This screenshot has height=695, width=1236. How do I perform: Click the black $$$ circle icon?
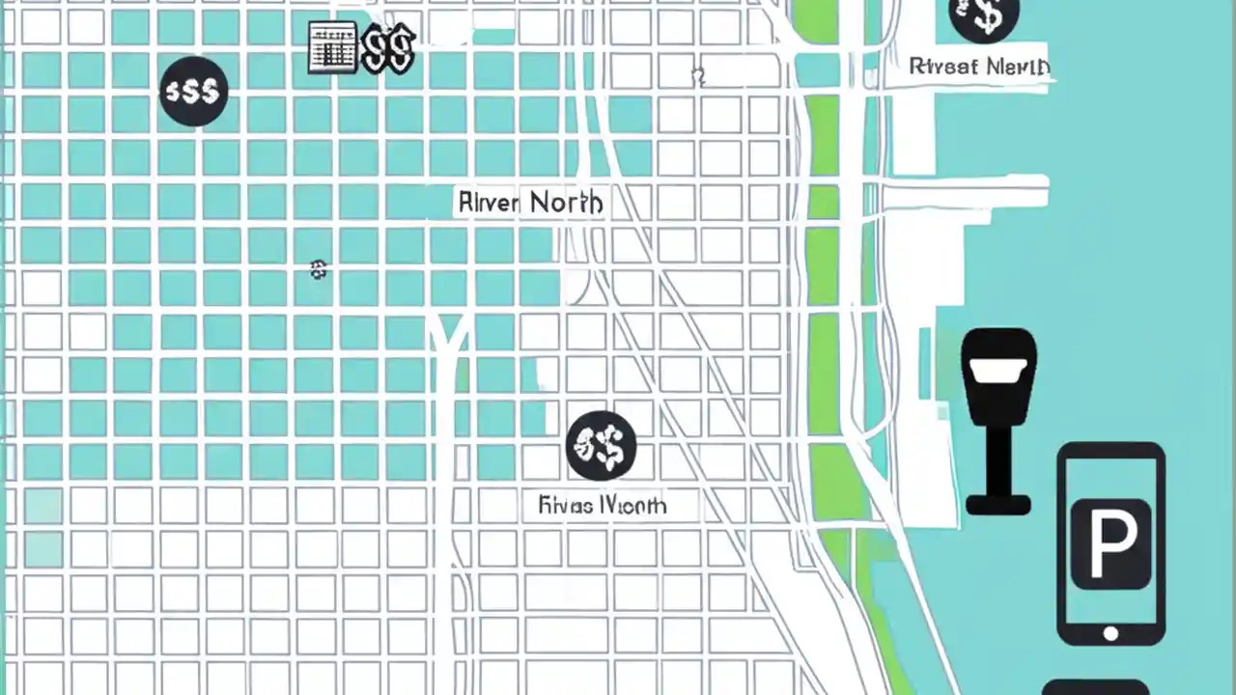point(194,92)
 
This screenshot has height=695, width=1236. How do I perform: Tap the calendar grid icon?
point(332,48)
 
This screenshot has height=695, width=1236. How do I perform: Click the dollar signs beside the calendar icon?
point(388,48)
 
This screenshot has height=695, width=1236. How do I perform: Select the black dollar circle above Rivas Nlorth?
point(601,445)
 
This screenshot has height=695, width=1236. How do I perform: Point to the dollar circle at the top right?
point(984,16)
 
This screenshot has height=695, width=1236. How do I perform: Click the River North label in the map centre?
point(530,203)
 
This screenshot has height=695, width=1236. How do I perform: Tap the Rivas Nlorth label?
point(602,505)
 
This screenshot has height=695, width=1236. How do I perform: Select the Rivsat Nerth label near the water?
point(979,67)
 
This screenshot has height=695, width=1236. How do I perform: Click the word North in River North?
point(567,203)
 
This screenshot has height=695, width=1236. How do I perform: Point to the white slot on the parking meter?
point(998,371)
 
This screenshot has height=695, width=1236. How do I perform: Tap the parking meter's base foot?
point(998,504)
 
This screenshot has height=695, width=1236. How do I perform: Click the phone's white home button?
point(1110,634)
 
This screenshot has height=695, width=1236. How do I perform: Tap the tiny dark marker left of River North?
point(318,270)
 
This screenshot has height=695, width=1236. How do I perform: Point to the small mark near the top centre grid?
point(698,76)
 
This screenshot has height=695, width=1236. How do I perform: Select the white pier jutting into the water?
point(966,191)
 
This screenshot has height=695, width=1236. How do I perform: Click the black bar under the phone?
point(1095,687)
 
